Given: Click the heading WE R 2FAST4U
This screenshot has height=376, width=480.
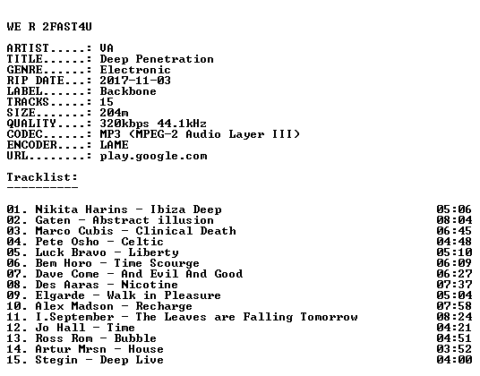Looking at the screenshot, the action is (x=49, y=27).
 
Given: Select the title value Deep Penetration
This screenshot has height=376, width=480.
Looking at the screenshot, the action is (x=157, y=59).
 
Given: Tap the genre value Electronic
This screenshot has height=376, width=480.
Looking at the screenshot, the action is (x=135, y=70).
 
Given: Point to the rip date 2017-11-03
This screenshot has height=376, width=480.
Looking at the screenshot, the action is (x=135, y=81).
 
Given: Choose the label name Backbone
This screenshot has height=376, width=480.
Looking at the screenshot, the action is (x=128, y=91).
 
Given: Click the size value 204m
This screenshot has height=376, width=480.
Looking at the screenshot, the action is (x=114, y=113).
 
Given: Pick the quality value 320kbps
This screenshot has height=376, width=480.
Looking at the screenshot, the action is (x=124, y=124).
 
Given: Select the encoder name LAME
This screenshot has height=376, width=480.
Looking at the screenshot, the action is (x=114, y=145).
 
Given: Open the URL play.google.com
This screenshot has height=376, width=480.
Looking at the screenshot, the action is (x=153, y=156).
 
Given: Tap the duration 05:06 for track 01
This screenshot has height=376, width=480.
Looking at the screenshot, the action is (x=454, y=209).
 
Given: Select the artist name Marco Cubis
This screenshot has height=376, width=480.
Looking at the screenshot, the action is (x=74, y=231).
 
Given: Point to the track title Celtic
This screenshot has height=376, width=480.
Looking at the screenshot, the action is (x=142, y=242).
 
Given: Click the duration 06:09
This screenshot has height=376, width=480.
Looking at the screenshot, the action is (x=454, y=263).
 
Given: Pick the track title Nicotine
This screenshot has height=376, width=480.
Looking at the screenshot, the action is (x=150, y=285).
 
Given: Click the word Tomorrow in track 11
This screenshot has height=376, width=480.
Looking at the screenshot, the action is (x=329, y=317).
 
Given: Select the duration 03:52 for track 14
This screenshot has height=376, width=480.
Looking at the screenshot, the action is (x=454, y=349).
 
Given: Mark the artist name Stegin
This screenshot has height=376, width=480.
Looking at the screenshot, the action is (x=56, y=360).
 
